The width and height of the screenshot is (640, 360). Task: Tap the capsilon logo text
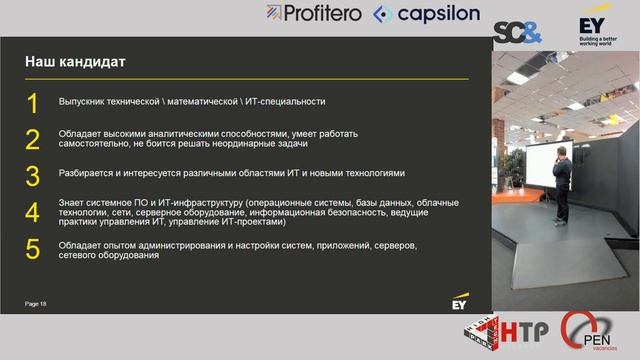click(424, 13)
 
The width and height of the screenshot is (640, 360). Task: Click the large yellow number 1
click(32, 103)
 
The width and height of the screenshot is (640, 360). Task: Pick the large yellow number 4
click(32, 213)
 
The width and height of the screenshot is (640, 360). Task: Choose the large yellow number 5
click(32, 250)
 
